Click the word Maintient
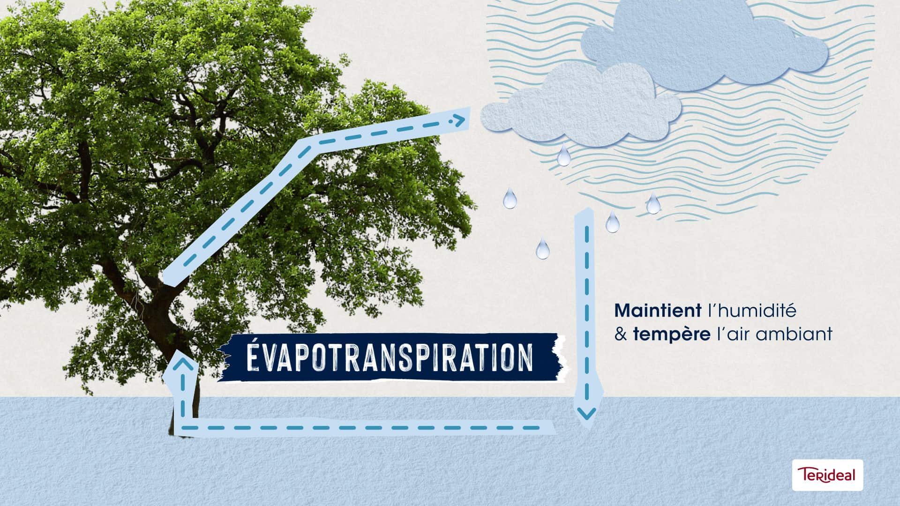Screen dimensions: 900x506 tap(655, 310)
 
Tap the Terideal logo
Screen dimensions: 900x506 tap(827, 475)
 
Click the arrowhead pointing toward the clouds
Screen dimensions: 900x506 tap(458, 121)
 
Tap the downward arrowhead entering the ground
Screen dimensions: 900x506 tap(586, 413)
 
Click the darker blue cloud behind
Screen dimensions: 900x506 tap(703, 45)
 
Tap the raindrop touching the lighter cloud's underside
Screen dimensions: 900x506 tap(563, 156)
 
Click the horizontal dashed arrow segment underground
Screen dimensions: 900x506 tap(361, 427)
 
